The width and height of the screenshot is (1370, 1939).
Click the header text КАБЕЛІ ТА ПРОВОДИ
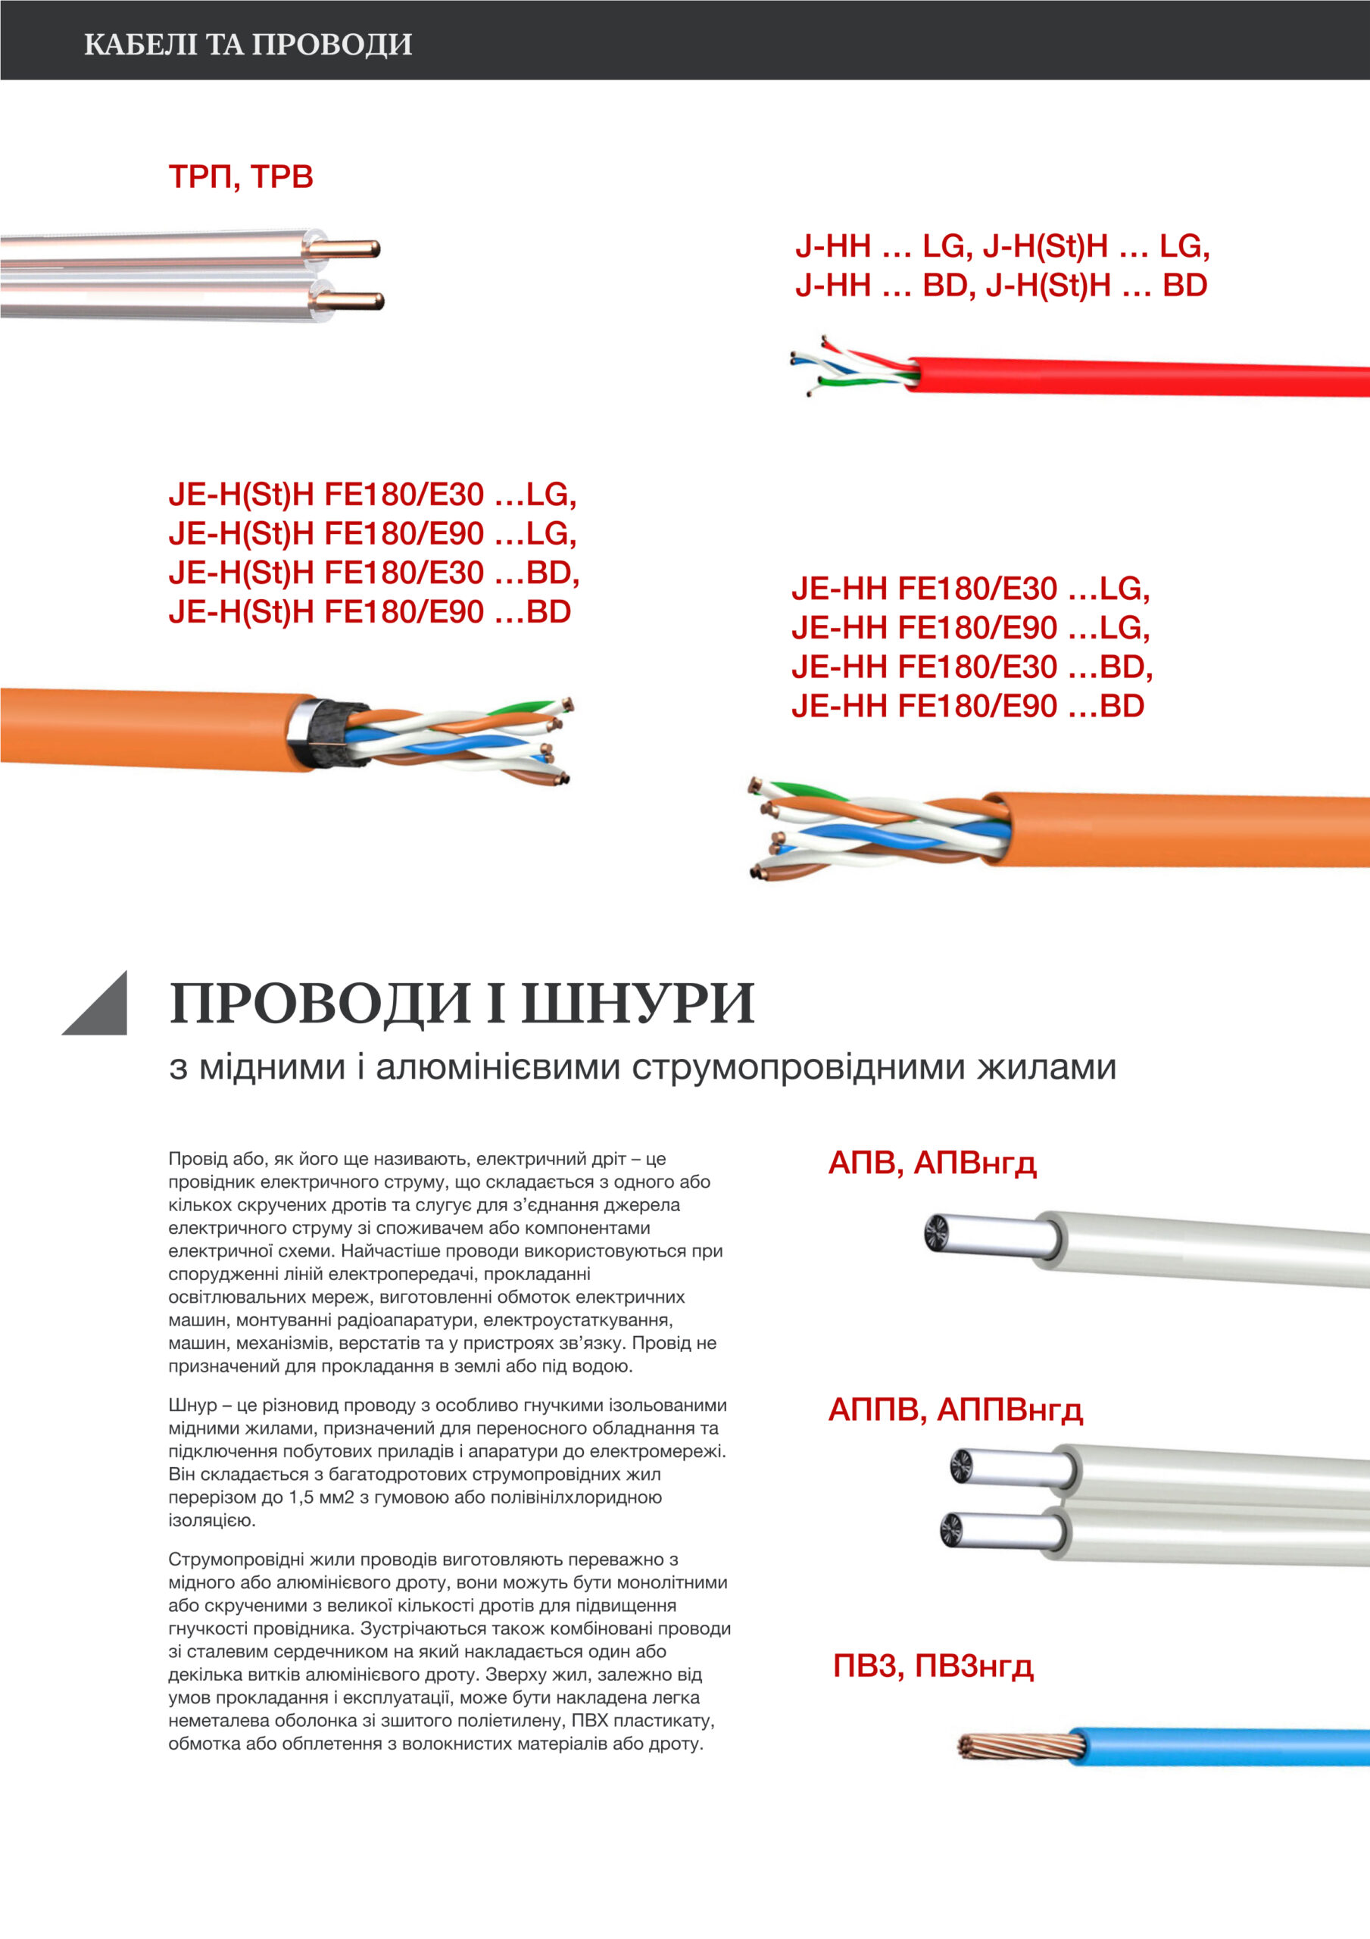tap(248, 44)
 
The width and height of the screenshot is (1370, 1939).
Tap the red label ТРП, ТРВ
tap(241, 177)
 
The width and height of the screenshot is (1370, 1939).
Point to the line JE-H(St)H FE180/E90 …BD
tap(370, 611)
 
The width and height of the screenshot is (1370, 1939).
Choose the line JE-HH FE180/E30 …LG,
tap(970, 589)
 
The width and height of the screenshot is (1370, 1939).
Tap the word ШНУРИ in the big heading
tap(638, 1004)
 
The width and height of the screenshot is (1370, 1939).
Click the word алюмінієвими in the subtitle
tap(498, 1066)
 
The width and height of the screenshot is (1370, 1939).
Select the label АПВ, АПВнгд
tap(932, 1163)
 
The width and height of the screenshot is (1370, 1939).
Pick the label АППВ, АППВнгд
tap(955, 1410)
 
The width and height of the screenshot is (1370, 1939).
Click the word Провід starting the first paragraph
tap(195, 1159)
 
